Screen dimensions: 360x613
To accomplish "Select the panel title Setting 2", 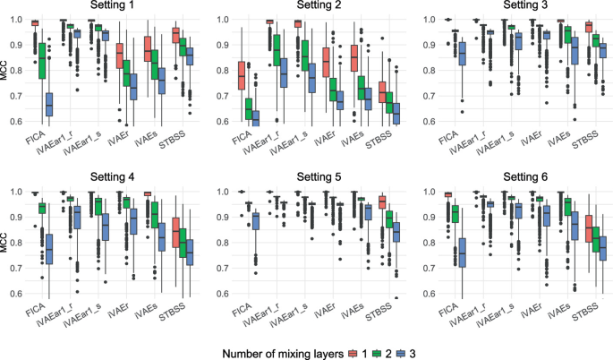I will (317, 6).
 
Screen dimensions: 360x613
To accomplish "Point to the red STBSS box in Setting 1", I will (176, 36).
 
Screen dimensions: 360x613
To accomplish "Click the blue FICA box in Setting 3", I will (462, 53).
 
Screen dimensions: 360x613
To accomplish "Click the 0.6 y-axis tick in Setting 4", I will (17, 293).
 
